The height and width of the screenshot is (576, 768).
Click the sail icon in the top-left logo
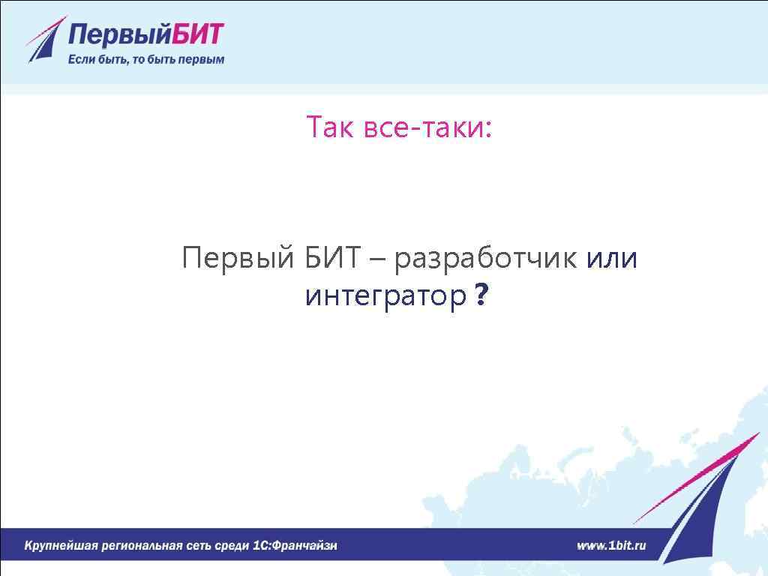tap(43, 40)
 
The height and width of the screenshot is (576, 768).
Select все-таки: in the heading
tap(427, 129)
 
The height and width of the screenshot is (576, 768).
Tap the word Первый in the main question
tap(237, 259)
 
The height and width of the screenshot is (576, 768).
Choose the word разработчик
tap(485, 259)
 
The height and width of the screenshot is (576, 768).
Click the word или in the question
tap(611, 259)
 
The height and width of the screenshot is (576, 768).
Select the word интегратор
tap(385, 296)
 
